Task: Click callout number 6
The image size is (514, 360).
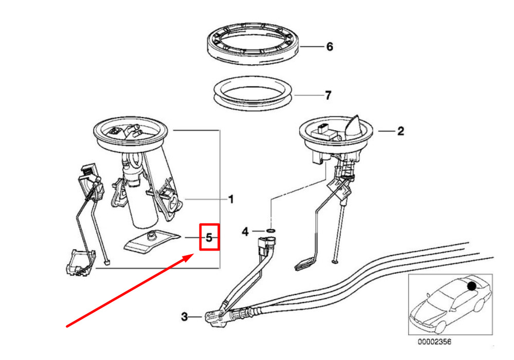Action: point(329,47)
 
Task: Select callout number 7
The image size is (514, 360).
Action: point(328,95)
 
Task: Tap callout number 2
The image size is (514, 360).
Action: point(400,131)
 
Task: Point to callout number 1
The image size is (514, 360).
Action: point(231,199)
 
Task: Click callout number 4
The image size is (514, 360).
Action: point(245,232)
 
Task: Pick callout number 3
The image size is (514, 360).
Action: point(185,317)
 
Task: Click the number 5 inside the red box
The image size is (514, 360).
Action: point(209,237)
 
